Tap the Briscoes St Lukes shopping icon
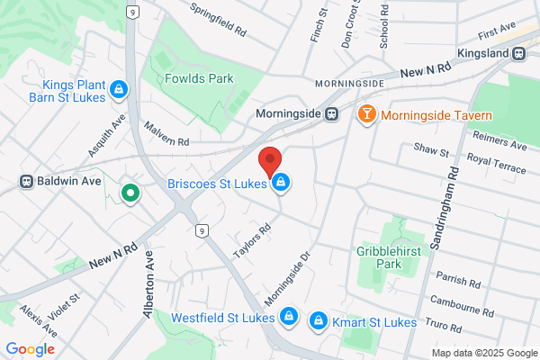pyautogui.click(x=282, y=183)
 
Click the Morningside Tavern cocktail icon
pyautogui.click(x=366, y=114)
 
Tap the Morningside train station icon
pyautogui.click(x=331, y=114)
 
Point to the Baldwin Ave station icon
pyautogui.click(x=28, y=181)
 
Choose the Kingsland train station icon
pyautogui.click(x=519, y=53)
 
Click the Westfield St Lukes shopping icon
pyautogui.click(x=288, y=317)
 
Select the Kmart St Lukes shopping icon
pyautogui.click(x=318, y=321)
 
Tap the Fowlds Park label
pyautogui.click(x=198, y=78)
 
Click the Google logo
pyautogui.click(x=30, y=349)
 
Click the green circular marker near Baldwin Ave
pyautogui.click(x=130, y=192)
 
